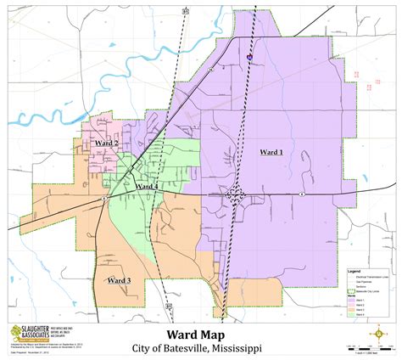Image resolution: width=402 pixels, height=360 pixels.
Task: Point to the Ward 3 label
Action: click(x=118, y=280)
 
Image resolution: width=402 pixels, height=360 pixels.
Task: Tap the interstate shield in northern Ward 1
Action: click(x=249, y=58)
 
